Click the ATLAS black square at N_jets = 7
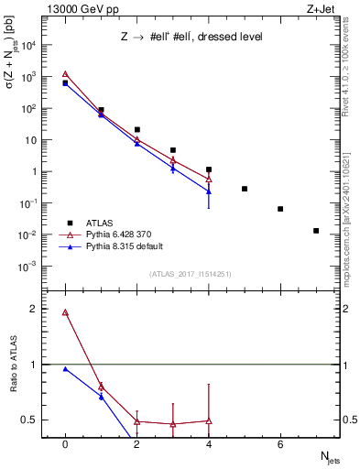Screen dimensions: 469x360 (316, 231)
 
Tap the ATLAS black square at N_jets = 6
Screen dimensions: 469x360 (280, 209)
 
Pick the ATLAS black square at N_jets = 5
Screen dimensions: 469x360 (245, 189)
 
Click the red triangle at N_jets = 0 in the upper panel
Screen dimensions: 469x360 (65, 74)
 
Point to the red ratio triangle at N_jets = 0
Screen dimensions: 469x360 (65, 312)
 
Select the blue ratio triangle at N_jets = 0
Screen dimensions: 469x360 (65, 369)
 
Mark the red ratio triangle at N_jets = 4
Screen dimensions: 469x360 (209, 420)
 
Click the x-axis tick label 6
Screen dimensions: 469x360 (280, 444)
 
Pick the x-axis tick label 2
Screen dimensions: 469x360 (136, 444)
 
